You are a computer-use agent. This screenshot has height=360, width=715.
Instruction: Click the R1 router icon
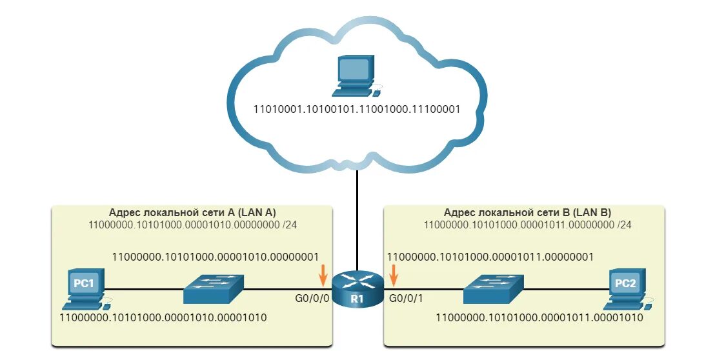pyautogui.click(x=357, y=289)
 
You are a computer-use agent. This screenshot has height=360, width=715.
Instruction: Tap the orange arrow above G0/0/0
pyautogui.click(x=323, y=276)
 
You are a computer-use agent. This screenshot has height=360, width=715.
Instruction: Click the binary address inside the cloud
pyautogui.click(x=357, y=110)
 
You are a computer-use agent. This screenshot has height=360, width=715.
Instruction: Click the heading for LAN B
pyautogui.click(x=527, y=213)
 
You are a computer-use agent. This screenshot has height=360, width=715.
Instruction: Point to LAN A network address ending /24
pyautogui.click(x=192, y=225)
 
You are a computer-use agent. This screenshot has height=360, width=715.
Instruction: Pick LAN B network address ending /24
pyautogui.click(x=527, y=225)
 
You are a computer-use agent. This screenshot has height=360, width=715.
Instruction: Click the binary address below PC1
pyautogui.click(x=163, y=318)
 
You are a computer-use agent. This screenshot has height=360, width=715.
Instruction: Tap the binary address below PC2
pyautogui.click(x=539, y=318)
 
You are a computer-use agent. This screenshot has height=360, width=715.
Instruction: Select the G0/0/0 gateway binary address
pyautogui.click(x=216, y=256)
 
